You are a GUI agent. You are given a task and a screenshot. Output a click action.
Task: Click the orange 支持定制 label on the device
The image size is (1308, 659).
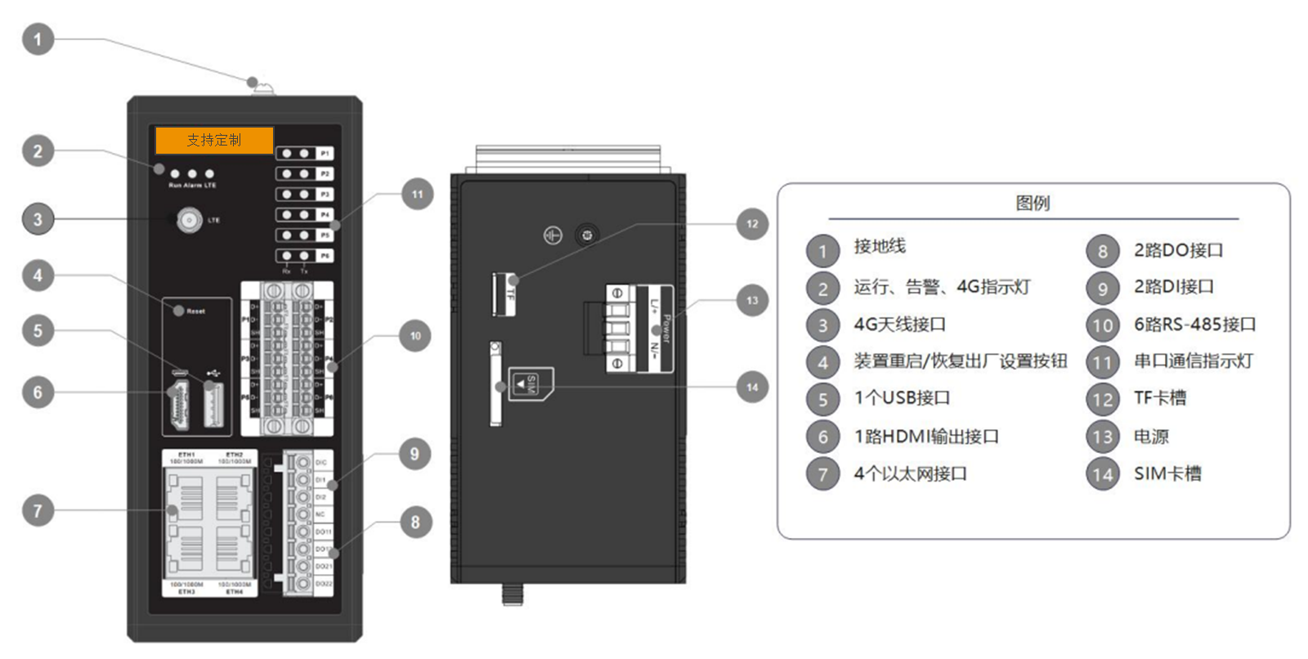[x=214, y=140]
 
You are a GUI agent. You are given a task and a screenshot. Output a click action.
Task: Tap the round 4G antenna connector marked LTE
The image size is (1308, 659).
[x=190, y=220]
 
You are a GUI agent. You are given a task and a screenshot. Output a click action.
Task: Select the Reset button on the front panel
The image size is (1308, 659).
[x=179, y=311]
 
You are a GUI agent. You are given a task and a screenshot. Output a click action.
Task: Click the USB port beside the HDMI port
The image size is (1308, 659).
[x=213, y=404]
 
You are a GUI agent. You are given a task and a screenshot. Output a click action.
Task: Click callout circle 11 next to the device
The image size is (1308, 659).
[x=418, y=195]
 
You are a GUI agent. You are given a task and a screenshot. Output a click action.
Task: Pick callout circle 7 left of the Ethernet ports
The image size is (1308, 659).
[x=38, y=511]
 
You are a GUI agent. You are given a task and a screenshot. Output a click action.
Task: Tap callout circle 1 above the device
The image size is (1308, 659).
[x=38, y=39]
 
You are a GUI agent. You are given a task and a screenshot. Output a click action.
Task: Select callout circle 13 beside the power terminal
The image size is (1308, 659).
[x=752, y=300]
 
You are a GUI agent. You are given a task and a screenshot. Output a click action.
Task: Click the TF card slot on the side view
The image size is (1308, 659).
[x=499, y=294]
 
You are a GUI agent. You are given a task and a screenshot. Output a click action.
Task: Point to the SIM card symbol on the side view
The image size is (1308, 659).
[x=529, y=383]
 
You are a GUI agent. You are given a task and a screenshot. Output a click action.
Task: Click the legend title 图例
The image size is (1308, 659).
[x=1033, y=203]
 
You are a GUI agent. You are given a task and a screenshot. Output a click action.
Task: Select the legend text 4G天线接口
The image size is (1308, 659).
[x=899, y=325]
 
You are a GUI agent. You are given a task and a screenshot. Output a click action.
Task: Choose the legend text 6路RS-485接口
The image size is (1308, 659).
[x=1194, y=325]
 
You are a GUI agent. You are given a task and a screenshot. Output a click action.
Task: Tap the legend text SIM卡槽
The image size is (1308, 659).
[x=1167, y=473]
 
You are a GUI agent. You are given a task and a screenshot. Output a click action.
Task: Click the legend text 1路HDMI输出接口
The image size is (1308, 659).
[x=926, y=437]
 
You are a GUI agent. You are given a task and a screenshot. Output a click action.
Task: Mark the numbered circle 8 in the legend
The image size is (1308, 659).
[x=1102, y=251]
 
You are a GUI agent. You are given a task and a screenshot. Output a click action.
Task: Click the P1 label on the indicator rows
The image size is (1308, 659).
[x=325, y=153]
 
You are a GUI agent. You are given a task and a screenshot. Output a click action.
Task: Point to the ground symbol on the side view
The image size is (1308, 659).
[x=553, y=235]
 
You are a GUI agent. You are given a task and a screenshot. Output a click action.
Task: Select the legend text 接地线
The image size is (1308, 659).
[x=880, y=246]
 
